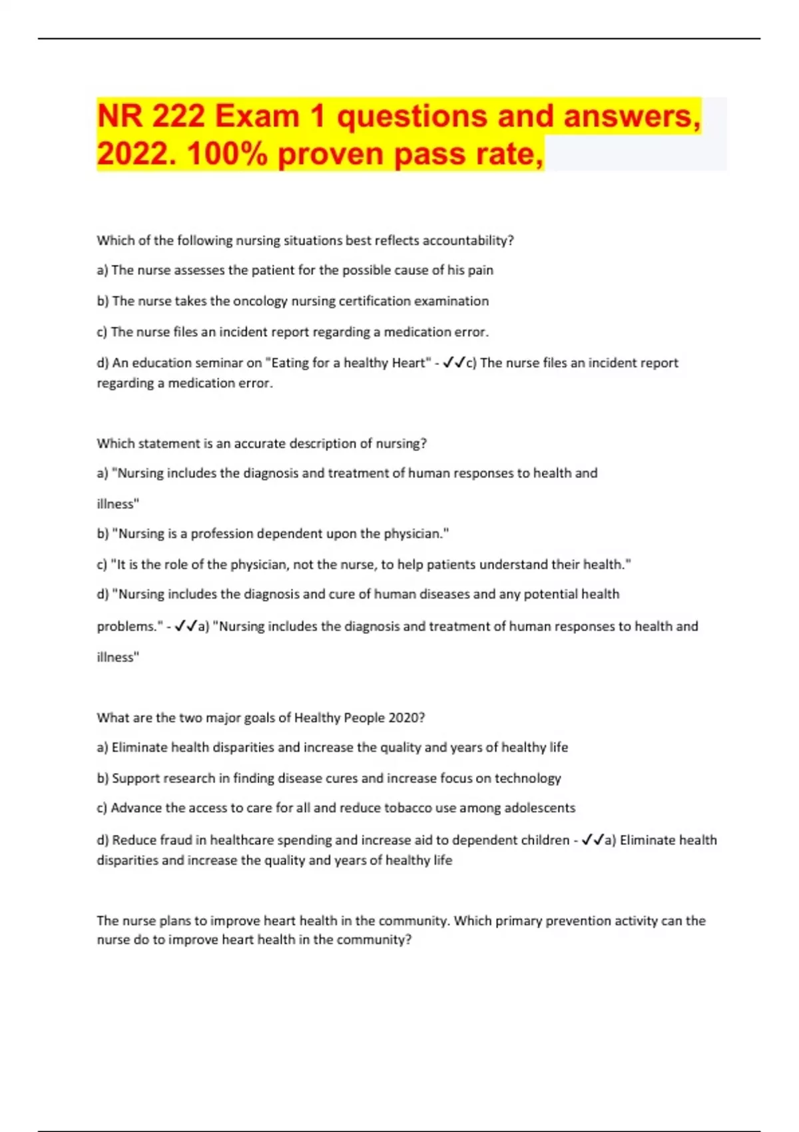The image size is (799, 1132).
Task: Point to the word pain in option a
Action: pos(480,270)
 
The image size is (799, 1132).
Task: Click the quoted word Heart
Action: pos(407,363)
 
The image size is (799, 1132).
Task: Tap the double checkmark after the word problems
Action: pos(186,626)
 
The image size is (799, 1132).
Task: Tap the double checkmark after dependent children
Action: pos(593,840)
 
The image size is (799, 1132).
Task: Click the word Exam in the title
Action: pos(256,117)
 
